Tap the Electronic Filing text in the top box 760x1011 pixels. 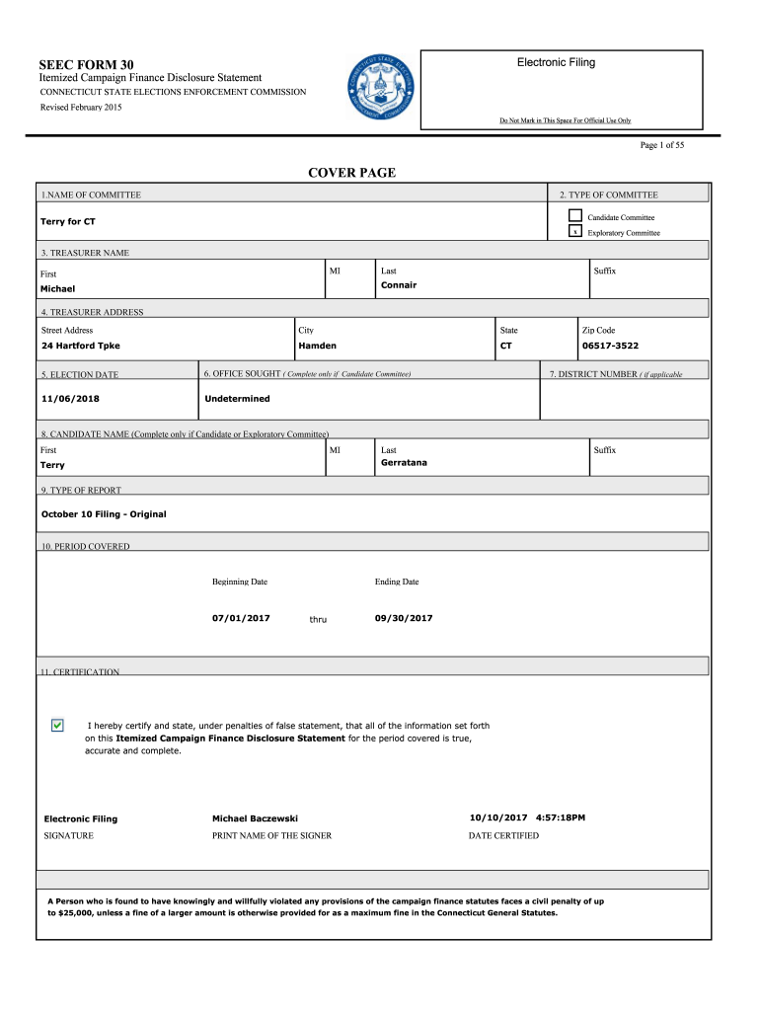[x=556, y=62]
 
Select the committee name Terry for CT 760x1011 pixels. [x=67, y=222]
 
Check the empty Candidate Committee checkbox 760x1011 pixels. [x=574, y=216]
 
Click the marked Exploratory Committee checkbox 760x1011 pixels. [x=574, y=233]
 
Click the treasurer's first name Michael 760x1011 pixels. [x=57, y=289]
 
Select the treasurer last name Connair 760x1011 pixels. [x=399, y=285]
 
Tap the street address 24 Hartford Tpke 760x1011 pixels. [x=81, y=347]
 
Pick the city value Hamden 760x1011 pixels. [x=317, y=347]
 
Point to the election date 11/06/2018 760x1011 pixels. [x=70, y=399]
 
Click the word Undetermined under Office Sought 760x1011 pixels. [x=237, y=399]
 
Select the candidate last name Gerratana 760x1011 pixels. [x=404, y=463]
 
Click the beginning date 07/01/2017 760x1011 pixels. [x=241, y=618]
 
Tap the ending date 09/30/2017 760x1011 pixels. [x=404, y=618]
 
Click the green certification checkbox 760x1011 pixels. [x=57, y=726]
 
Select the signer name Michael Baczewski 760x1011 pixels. [x=255, y=818]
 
